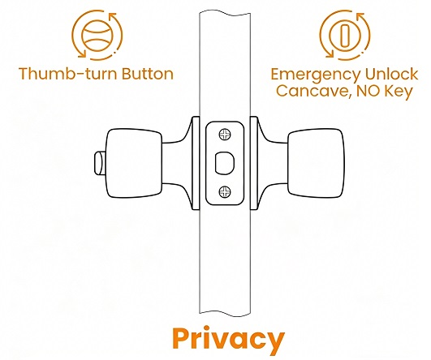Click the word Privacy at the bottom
tap(228, 339)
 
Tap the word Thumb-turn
tap(68, 74)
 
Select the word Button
tap(148, 74)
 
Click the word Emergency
tap(316, 75)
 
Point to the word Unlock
tap(391, 74)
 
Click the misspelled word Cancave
tap(313, 91)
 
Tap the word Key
tap(399, 91)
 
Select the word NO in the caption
tap(368, 91)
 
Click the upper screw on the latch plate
tap(225, 135)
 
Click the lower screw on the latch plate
tap(225, 191)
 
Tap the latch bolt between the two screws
tap(224, 163)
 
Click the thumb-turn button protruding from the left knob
tap(100, 164)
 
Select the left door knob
tap(134, 163)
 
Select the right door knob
tap(316, 163)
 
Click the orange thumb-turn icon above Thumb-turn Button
tap(97, 35)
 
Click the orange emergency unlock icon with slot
tap(345, 35)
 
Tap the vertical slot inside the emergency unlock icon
tap(343, 36)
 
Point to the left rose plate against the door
tap(196, 164)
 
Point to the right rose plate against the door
tap(254, 164)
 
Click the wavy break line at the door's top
tap(225, 13)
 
